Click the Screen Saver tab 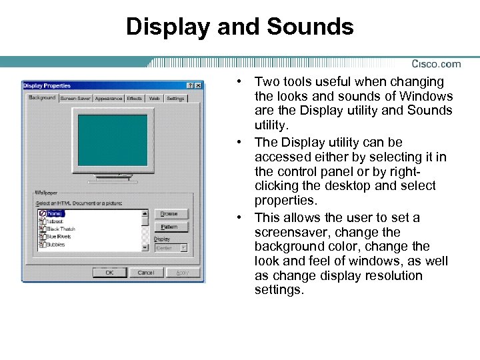coord(75,98)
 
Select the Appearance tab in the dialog coord(108,98)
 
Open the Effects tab coord(135,98)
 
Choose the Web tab coord(154,98)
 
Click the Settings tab coord(175,98)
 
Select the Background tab coord(42,97)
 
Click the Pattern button coord(171,227)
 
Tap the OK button coord(109,272)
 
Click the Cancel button coord(145,272)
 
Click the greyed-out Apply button coord(182,272)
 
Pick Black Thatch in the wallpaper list coord(61,229)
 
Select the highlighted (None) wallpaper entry coord(55,213)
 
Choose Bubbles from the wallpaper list coord(57,245)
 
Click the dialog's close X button coord(199,85)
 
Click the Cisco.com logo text coord(436,64)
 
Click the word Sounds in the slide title coord(311,27)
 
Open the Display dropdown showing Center coord(171,247)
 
